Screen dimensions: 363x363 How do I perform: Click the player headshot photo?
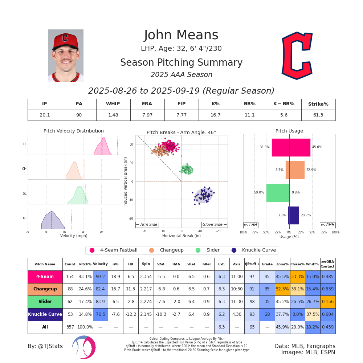[x=66, y=56]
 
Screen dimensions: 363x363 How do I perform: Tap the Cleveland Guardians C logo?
[x=297, y=56]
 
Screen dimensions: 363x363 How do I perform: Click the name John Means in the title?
[x=181, y=35]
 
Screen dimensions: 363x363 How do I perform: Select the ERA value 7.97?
[x=147, y=115]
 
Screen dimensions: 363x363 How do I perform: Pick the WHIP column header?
[x=113, y=104]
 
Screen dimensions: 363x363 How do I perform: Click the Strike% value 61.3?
[x=318, y=115]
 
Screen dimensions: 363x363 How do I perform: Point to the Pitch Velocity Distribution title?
[x=74, y=131]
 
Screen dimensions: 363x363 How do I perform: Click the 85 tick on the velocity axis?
[x=83, y=232]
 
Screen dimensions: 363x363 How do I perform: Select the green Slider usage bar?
[x=278, y=192]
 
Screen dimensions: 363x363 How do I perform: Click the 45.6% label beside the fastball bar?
[x=317, y=147]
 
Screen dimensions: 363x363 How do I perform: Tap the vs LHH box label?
[x=250, y=225]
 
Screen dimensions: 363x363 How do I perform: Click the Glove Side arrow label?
[x=214, y=225]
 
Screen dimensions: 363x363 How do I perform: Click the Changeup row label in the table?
[x=45, y=289]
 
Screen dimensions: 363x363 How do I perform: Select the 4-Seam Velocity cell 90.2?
[x=100, y=277]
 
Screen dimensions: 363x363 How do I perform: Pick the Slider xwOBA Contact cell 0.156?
[x=327, y=302]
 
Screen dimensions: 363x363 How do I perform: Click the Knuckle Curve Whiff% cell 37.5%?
[x=313, y=314]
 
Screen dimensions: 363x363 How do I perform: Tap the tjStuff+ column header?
[x=252, y=264]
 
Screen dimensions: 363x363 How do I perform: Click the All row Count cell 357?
[x=70, y=327]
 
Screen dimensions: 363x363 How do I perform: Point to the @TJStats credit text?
[x=45, y=346]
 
